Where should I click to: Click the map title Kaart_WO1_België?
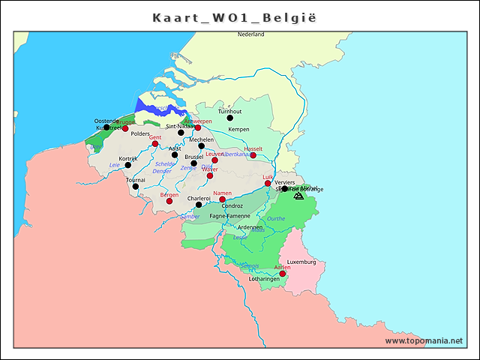[x=240, y=16]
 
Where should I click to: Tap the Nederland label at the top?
[x=252, y=34]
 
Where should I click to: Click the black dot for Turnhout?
[x=230, y=118]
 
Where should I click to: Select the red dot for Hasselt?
[x=253, y=155]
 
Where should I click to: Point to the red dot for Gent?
[x=155, y=144]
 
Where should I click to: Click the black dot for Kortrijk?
[x=127, y=165]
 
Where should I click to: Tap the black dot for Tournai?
[x=136, y=186]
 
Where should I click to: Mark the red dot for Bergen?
[x=169, y=201]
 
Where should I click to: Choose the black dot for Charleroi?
[x=199, y=205]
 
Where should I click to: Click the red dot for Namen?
[x=222, y=199]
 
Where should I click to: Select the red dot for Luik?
[x=268, y=183]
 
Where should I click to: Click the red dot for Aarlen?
[x=283, y=274]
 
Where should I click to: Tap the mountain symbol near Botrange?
[x=298, y=196]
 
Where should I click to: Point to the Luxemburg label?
[x=301, y=262]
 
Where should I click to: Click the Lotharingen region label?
[x=264, y=279]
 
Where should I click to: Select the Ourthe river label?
[x=276, y=219]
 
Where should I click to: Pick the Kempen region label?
[x=238, y=129]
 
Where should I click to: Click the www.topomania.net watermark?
[x=424, y=340]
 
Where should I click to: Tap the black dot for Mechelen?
[x=201, y=146]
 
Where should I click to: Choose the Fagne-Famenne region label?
[x=229, y=215]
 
